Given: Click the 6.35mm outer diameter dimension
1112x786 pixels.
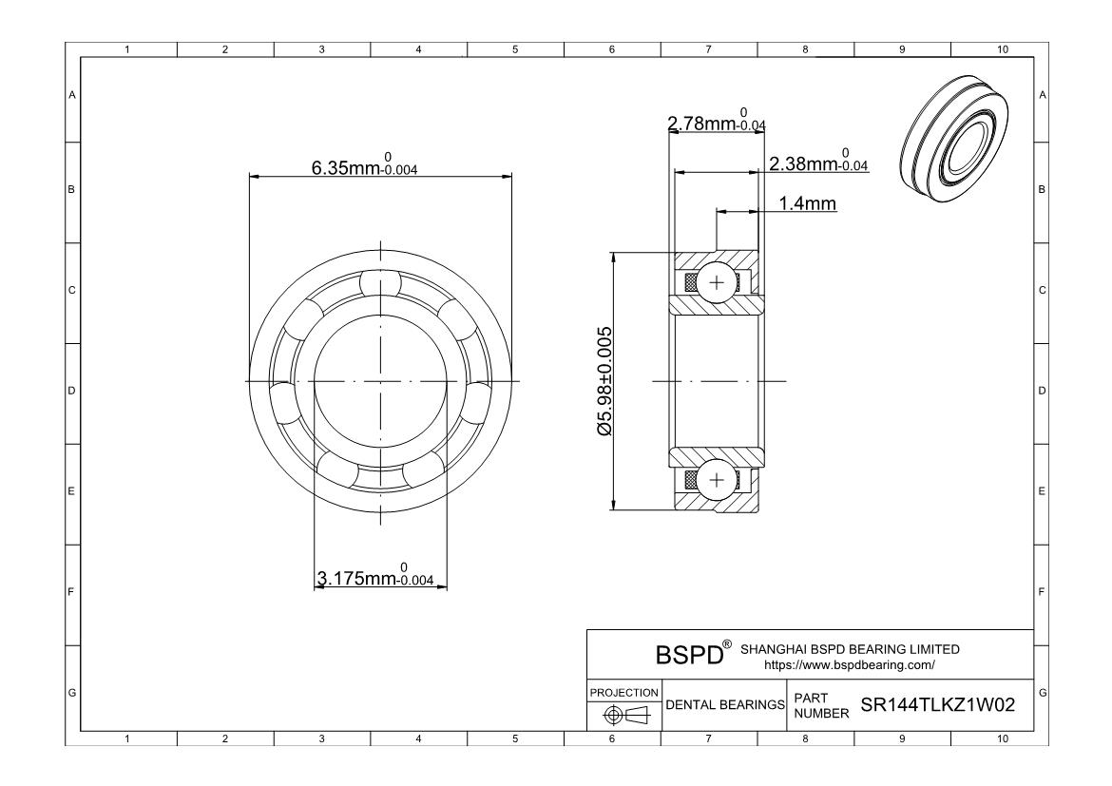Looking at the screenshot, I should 364,167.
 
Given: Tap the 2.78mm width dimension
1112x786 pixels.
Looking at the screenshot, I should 716,124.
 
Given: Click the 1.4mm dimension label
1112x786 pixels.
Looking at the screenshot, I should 807,203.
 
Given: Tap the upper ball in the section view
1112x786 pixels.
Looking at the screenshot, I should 715,283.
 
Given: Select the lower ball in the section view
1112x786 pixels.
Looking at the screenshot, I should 715,480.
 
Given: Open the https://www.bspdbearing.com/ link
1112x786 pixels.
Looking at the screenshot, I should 850,665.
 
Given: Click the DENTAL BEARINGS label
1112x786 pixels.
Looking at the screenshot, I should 725,705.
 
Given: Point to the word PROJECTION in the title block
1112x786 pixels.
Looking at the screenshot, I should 623,692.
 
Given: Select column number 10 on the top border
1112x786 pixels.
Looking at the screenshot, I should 1000,49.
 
